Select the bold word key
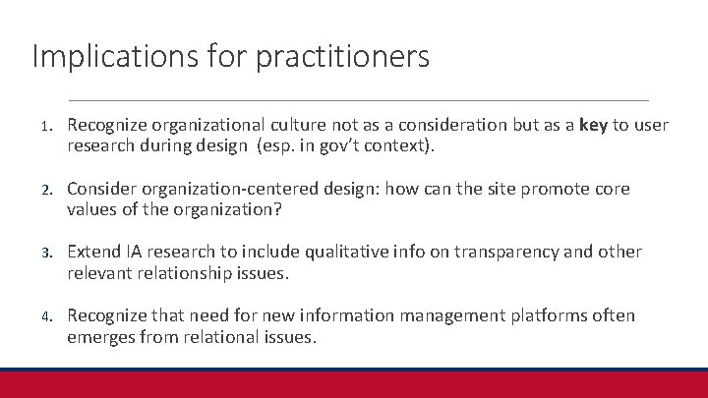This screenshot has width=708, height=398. pos(594,125)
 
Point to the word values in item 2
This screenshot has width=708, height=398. pos(92,210)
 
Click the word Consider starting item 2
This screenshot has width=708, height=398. pos(102,189)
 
